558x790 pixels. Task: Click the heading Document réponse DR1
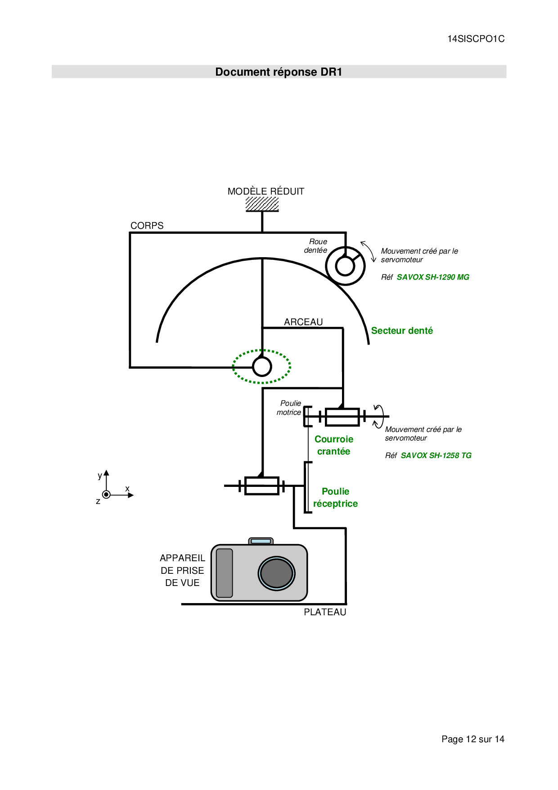pos(279,72)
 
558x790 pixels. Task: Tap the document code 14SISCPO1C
pos(476,39)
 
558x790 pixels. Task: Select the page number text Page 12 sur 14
pos(472,739)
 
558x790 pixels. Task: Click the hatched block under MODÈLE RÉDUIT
pos(262,204)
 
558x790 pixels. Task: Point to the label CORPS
pos(147,226)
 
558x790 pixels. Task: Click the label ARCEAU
pos(303,322)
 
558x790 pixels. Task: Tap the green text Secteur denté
pos(402,331)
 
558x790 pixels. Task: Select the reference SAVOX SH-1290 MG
pos(433,277)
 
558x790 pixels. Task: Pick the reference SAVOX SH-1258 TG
pos(436,455)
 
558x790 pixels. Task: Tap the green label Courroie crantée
pos(334,445)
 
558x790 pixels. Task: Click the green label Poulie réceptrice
pos(335,497)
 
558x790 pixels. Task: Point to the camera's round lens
pos(276,573)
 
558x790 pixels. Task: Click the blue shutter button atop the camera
pos(261,541)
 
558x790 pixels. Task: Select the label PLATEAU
pos(325,612)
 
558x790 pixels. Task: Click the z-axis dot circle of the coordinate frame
pos(106,495)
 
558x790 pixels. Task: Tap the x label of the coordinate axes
pos(127,489)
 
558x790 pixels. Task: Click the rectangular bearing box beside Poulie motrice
pos(342,417)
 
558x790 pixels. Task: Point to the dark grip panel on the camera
pos(225,573)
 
